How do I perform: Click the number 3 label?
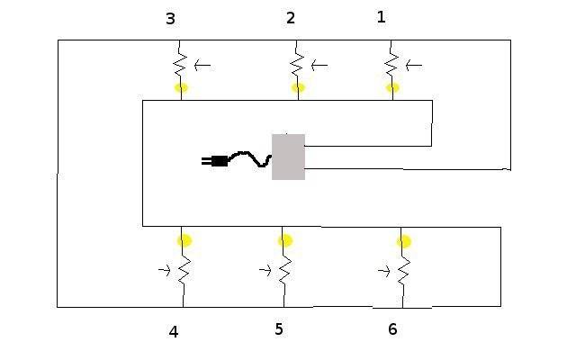pos(170,18)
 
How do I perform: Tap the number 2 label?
pos(291,18)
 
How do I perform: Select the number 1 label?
pos(382,17)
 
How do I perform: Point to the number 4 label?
pos(174,332)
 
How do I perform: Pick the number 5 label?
pos(279,329)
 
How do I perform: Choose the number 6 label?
pos(392,329)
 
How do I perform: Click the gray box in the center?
pos(288,157)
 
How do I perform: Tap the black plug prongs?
pos(206,161)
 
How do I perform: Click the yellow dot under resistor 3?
pos(181,88)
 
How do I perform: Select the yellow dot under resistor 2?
pos(298,88)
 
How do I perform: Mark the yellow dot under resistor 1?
pos(392,88)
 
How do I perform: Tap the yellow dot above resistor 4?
pos(184,240)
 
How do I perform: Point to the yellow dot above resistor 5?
pos(285,240)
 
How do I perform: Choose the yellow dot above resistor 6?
pos(404,241)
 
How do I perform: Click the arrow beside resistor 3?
pos(202,66)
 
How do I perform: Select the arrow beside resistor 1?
pos(414,66)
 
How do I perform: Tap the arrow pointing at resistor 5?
pos(265,270)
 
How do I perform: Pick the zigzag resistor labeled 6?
pos(403,272)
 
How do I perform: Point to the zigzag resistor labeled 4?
pos(184,271)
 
